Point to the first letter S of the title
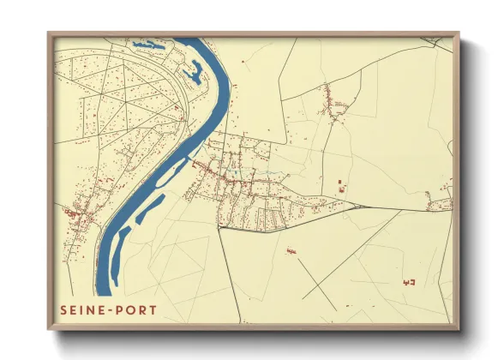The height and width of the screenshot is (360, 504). point(63,309)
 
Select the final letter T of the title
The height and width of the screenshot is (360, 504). point(153,309)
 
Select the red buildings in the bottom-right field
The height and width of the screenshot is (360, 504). point(408,281)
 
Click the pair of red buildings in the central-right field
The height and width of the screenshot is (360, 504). point(342,186)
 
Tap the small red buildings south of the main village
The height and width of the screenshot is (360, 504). point(291,250)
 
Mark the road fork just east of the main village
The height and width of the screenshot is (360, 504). point(352,205)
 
